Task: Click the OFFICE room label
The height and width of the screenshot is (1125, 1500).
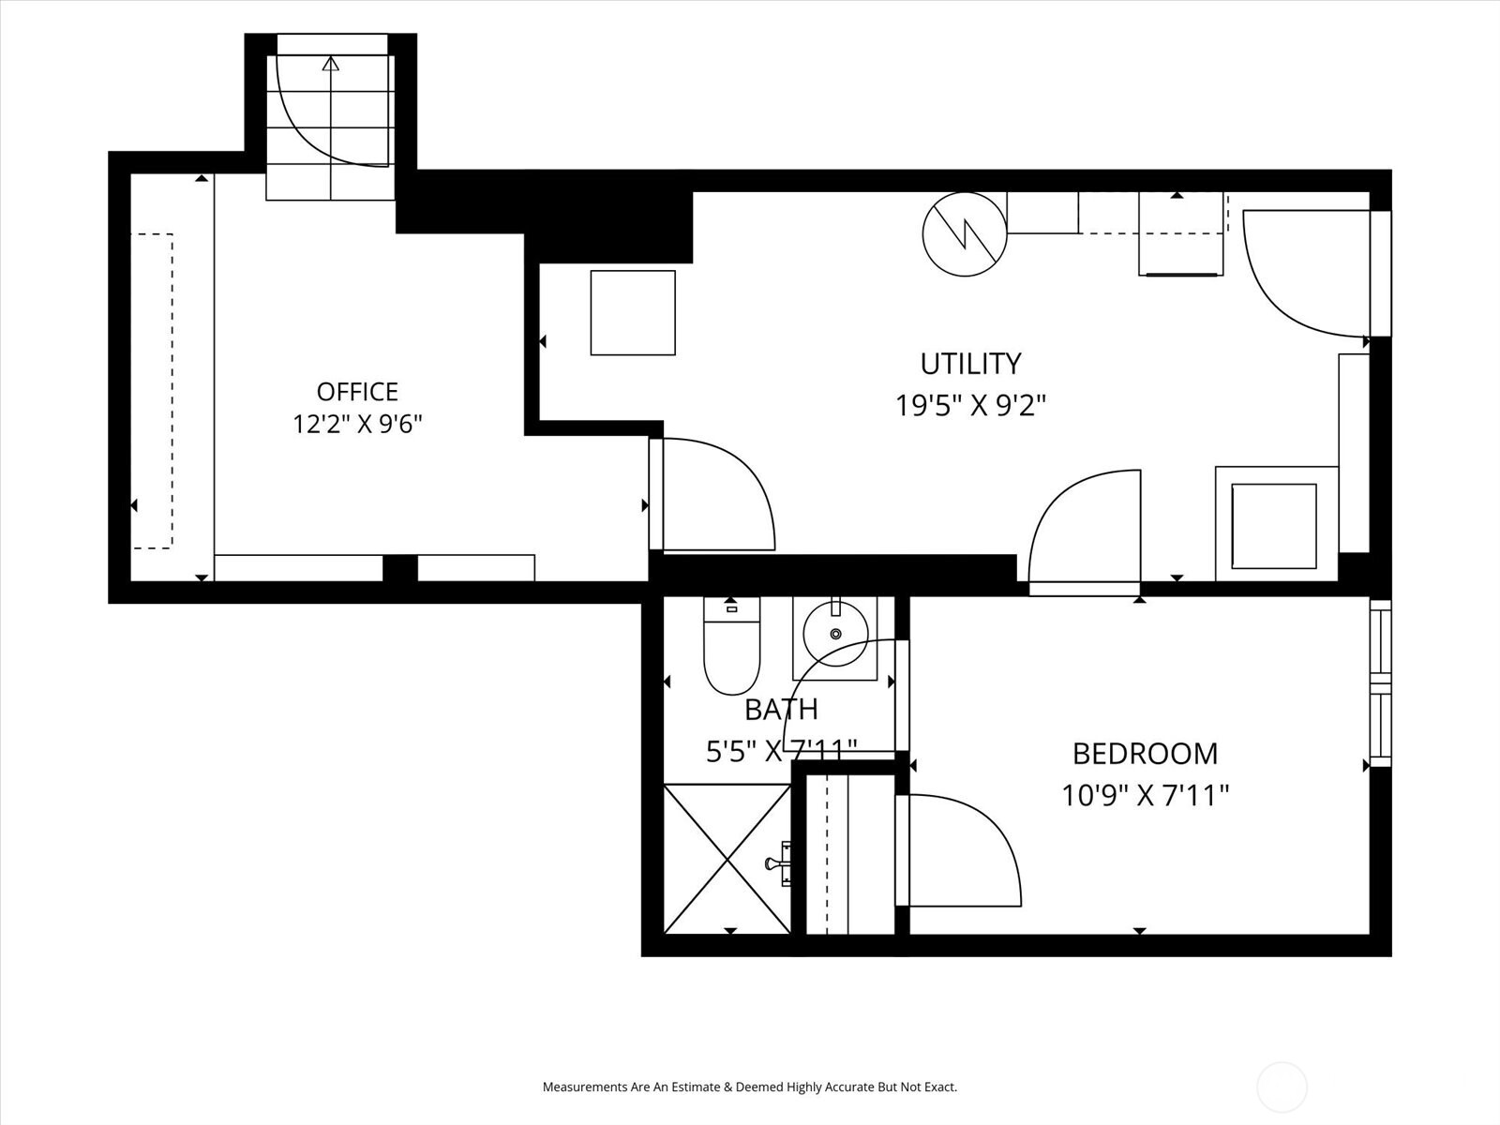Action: tap(357, 392)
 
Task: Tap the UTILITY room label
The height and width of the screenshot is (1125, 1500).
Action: tap(970, 364)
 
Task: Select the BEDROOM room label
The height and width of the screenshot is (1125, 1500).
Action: tap(1145, 754)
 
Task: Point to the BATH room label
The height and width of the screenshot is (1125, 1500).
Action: tap(781, 710)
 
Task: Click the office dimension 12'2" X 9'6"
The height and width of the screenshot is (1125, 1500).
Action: tap(357, 424)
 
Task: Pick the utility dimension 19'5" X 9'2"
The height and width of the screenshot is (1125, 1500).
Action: tap(970, 406)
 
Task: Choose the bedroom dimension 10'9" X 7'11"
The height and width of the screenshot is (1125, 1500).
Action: tap(1145, 796)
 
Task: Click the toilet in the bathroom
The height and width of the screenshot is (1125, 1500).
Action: tap(731, 646)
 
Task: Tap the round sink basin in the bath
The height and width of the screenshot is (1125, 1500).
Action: tap(835, 634)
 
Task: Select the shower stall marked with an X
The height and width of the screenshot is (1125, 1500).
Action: tap(727, 859)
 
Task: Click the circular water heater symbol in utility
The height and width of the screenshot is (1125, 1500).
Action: tap(965, 234)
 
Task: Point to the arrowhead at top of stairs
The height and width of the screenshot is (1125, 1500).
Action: tap(331, 64)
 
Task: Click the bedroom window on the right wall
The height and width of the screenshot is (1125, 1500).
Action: tap(1380, 683)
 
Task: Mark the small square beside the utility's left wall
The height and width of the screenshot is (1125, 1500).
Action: tap(633, 313)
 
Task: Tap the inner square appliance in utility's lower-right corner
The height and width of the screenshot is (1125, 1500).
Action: tap(1274, 526)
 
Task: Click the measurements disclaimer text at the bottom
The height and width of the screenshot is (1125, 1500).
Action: tap(750, 1087)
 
